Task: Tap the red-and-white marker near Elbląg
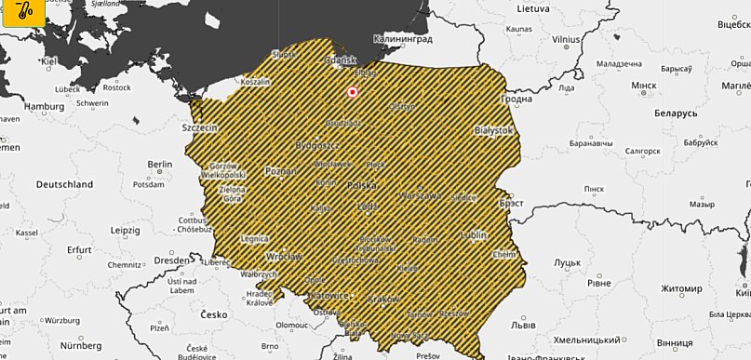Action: click(353, 92)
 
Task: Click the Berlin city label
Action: click(160, 164)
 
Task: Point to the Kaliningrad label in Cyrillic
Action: click(403, 40)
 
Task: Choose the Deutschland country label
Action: click(64, 184)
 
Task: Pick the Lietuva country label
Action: click(533, 7)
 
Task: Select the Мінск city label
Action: click(644, 86)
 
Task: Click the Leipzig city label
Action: click(124, 229)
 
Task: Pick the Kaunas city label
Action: click(519, 29)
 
